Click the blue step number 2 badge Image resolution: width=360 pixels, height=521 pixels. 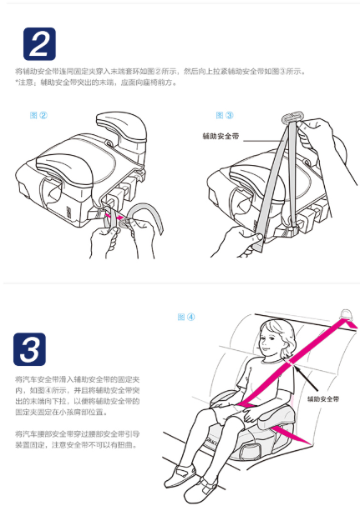point(39,44)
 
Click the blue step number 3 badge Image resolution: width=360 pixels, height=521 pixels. point(29,349)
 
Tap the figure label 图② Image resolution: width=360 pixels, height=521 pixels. point(38,115)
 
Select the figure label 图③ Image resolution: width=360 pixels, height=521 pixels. point(225,115)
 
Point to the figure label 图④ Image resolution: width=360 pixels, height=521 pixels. point(186,317)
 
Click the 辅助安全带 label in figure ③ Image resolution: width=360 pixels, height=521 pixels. point(221,136)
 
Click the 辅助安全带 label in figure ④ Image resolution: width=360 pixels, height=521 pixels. point(323,398)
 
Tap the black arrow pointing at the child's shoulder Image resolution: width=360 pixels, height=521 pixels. point(306,378)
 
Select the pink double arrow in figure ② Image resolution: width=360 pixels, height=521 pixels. point(115,218)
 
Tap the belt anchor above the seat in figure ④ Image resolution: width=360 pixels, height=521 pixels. point(347,314)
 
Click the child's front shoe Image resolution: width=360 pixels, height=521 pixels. point(200,490)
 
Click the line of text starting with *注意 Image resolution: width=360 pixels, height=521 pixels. point(96,83)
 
